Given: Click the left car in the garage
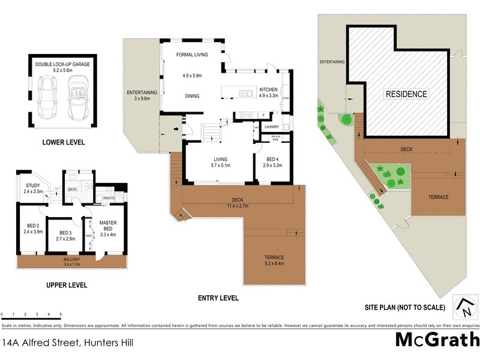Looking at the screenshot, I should click(x=46, y=99).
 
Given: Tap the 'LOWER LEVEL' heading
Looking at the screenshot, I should click(x=63, y=142).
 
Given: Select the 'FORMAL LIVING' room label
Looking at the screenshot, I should click(x=192, y=55).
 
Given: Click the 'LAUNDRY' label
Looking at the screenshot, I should click(x=273, y=127).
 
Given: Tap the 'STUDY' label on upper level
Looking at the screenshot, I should click(x=33, y=185).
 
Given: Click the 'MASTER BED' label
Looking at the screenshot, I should click(x=108, y=226).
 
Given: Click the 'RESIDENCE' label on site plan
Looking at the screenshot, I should click(x=406, y=94).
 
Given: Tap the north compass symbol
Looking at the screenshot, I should click(x=463, y=307).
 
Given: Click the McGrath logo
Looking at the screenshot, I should click(x=437, y=340).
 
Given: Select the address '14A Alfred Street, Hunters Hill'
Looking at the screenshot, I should click(x=67, y=343).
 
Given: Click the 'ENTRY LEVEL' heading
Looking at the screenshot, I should click(x=218, y=298).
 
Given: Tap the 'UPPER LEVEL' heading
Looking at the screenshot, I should click(x=67, y=285).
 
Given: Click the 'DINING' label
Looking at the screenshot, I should click(x=192, y=96).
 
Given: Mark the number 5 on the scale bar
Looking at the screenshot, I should click(x=60, y=314).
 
